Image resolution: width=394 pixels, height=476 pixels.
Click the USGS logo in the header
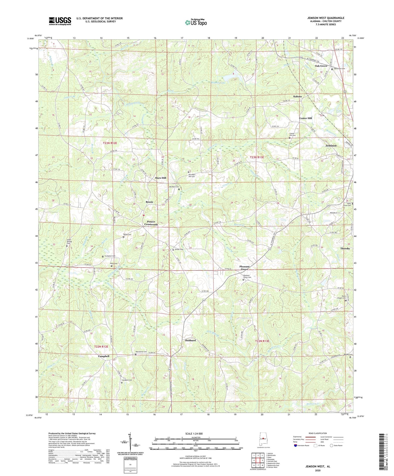[60, 21]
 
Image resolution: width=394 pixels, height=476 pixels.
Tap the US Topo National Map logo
[196, 22]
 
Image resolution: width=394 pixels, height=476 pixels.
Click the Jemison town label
[331, 146]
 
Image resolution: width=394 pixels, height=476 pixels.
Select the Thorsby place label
[345, 249]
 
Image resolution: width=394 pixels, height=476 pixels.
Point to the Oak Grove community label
[321, 66]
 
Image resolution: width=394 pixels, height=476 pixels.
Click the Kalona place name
[297, 97]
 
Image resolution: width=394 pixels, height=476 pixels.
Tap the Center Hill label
[305, 118]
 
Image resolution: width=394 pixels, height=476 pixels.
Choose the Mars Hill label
[160, 178]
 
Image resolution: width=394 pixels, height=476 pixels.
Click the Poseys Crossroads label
[151, 223]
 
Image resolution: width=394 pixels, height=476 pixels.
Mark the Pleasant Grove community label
[244, 268]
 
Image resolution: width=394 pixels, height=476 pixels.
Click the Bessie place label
[149, 202]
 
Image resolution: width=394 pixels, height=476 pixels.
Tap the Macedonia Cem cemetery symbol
[136, 354]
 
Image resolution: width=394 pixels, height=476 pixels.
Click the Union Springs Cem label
[70, 242]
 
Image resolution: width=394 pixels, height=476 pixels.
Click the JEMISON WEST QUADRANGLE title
[326, 18]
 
